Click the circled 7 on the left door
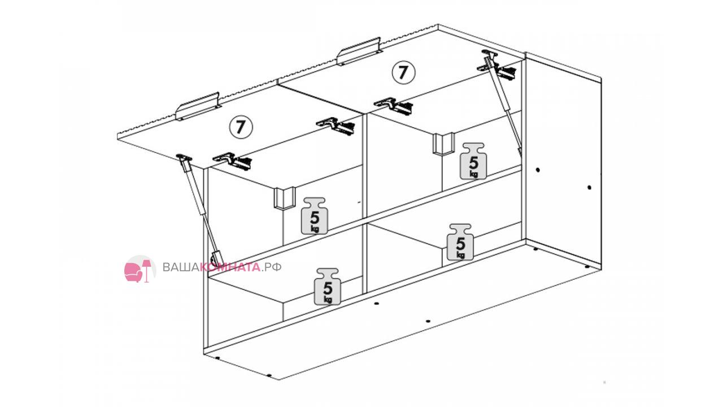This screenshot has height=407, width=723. click(x=241, y=127)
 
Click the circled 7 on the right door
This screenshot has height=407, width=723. click(x=403, y=72)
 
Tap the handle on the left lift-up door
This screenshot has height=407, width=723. click(x=198, y=107)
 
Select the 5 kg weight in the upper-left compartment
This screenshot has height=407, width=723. click(x=315, y=216)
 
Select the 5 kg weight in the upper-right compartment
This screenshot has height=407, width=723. click(x=473, y=161)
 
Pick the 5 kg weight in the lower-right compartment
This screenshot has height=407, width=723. click(x=460, y=242)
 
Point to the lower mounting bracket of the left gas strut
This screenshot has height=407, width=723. click(x=217, y=258)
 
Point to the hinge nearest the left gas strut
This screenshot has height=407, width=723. click(x=232, y=161)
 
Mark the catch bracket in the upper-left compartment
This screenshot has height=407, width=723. click(x=285, y=198)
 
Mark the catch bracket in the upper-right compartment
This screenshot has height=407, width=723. click(x=443, y=144)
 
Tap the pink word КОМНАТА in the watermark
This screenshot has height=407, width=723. click(x=230, y=267)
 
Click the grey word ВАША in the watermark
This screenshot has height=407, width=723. click(x=181, y=267)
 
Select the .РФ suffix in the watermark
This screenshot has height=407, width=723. click(x=272, y=267)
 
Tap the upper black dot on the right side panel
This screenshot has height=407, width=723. click(x=538, y=170)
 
